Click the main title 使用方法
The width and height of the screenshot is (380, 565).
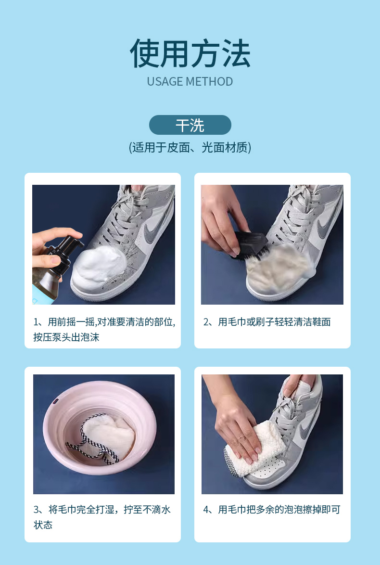[190, 54]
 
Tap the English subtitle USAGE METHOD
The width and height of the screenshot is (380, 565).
[190, 81]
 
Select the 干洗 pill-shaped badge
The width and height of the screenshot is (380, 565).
[190, 125]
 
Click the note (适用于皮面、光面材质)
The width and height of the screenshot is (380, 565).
[190, 147]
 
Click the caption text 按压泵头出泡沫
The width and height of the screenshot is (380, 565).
[66, 337]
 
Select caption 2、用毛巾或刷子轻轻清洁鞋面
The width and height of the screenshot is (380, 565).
[267, 322]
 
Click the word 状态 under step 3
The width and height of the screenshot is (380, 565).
[43, 525]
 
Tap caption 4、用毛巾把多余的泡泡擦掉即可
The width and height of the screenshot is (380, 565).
[272, 510]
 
